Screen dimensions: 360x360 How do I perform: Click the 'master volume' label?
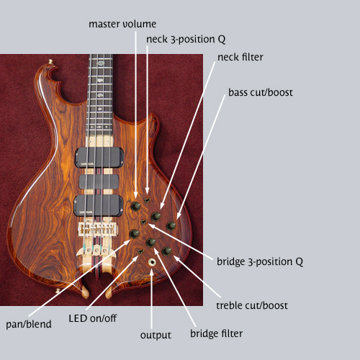coord(122,24)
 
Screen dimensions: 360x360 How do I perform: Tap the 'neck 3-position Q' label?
coord(186,40)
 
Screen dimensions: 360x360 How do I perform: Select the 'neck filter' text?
coord(240,57)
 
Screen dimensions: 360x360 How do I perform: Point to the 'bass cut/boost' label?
coord(261,92)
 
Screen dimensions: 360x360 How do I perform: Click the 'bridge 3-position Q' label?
coord(260,262)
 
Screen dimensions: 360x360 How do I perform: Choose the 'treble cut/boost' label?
coord(252,305)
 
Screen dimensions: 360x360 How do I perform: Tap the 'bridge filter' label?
coord(216,333)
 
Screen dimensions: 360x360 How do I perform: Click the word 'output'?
coord(156,336)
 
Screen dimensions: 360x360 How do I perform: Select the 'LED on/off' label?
coord(93,318)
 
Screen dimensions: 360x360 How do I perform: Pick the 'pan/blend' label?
coord(29,324)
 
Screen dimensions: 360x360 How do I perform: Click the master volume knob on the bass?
coord(135,206)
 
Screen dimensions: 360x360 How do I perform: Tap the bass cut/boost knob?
coord(171,226)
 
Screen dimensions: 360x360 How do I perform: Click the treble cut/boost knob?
coord(166,251)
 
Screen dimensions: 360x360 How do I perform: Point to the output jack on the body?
coord(152,262)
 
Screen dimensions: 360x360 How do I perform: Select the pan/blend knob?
coord(134,234)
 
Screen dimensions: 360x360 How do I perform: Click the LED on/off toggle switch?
coord(140,251)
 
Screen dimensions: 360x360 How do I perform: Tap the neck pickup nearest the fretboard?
coord(99,158)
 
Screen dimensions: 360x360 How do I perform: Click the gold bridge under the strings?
coord(98,230)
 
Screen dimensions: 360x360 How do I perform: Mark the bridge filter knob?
coord(150,243)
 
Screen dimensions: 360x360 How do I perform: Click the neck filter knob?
coord(156,217)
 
